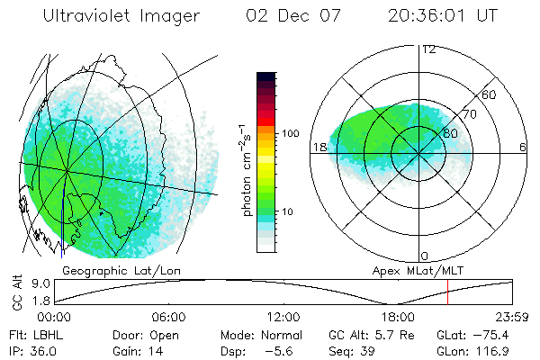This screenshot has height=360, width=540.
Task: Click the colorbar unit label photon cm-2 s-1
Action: tap(246, 167)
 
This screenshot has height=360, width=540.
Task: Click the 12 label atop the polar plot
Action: tap(428, 49)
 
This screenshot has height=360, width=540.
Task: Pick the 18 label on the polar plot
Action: tap(318, 146)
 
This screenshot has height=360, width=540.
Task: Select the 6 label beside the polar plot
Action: tap(523, 147)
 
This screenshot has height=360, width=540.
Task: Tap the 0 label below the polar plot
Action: tap(425, 256)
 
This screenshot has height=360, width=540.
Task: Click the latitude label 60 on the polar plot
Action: tap(489, 94)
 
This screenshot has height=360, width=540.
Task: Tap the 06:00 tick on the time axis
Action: tap(168, 317)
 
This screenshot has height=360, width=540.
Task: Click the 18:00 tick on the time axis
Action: tap(398, 317)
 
